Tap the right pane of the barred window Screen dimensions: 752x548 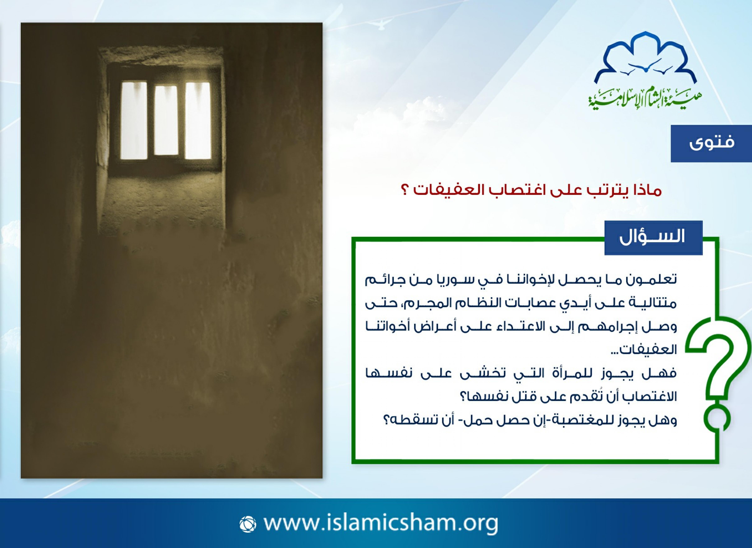point(198,120)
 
